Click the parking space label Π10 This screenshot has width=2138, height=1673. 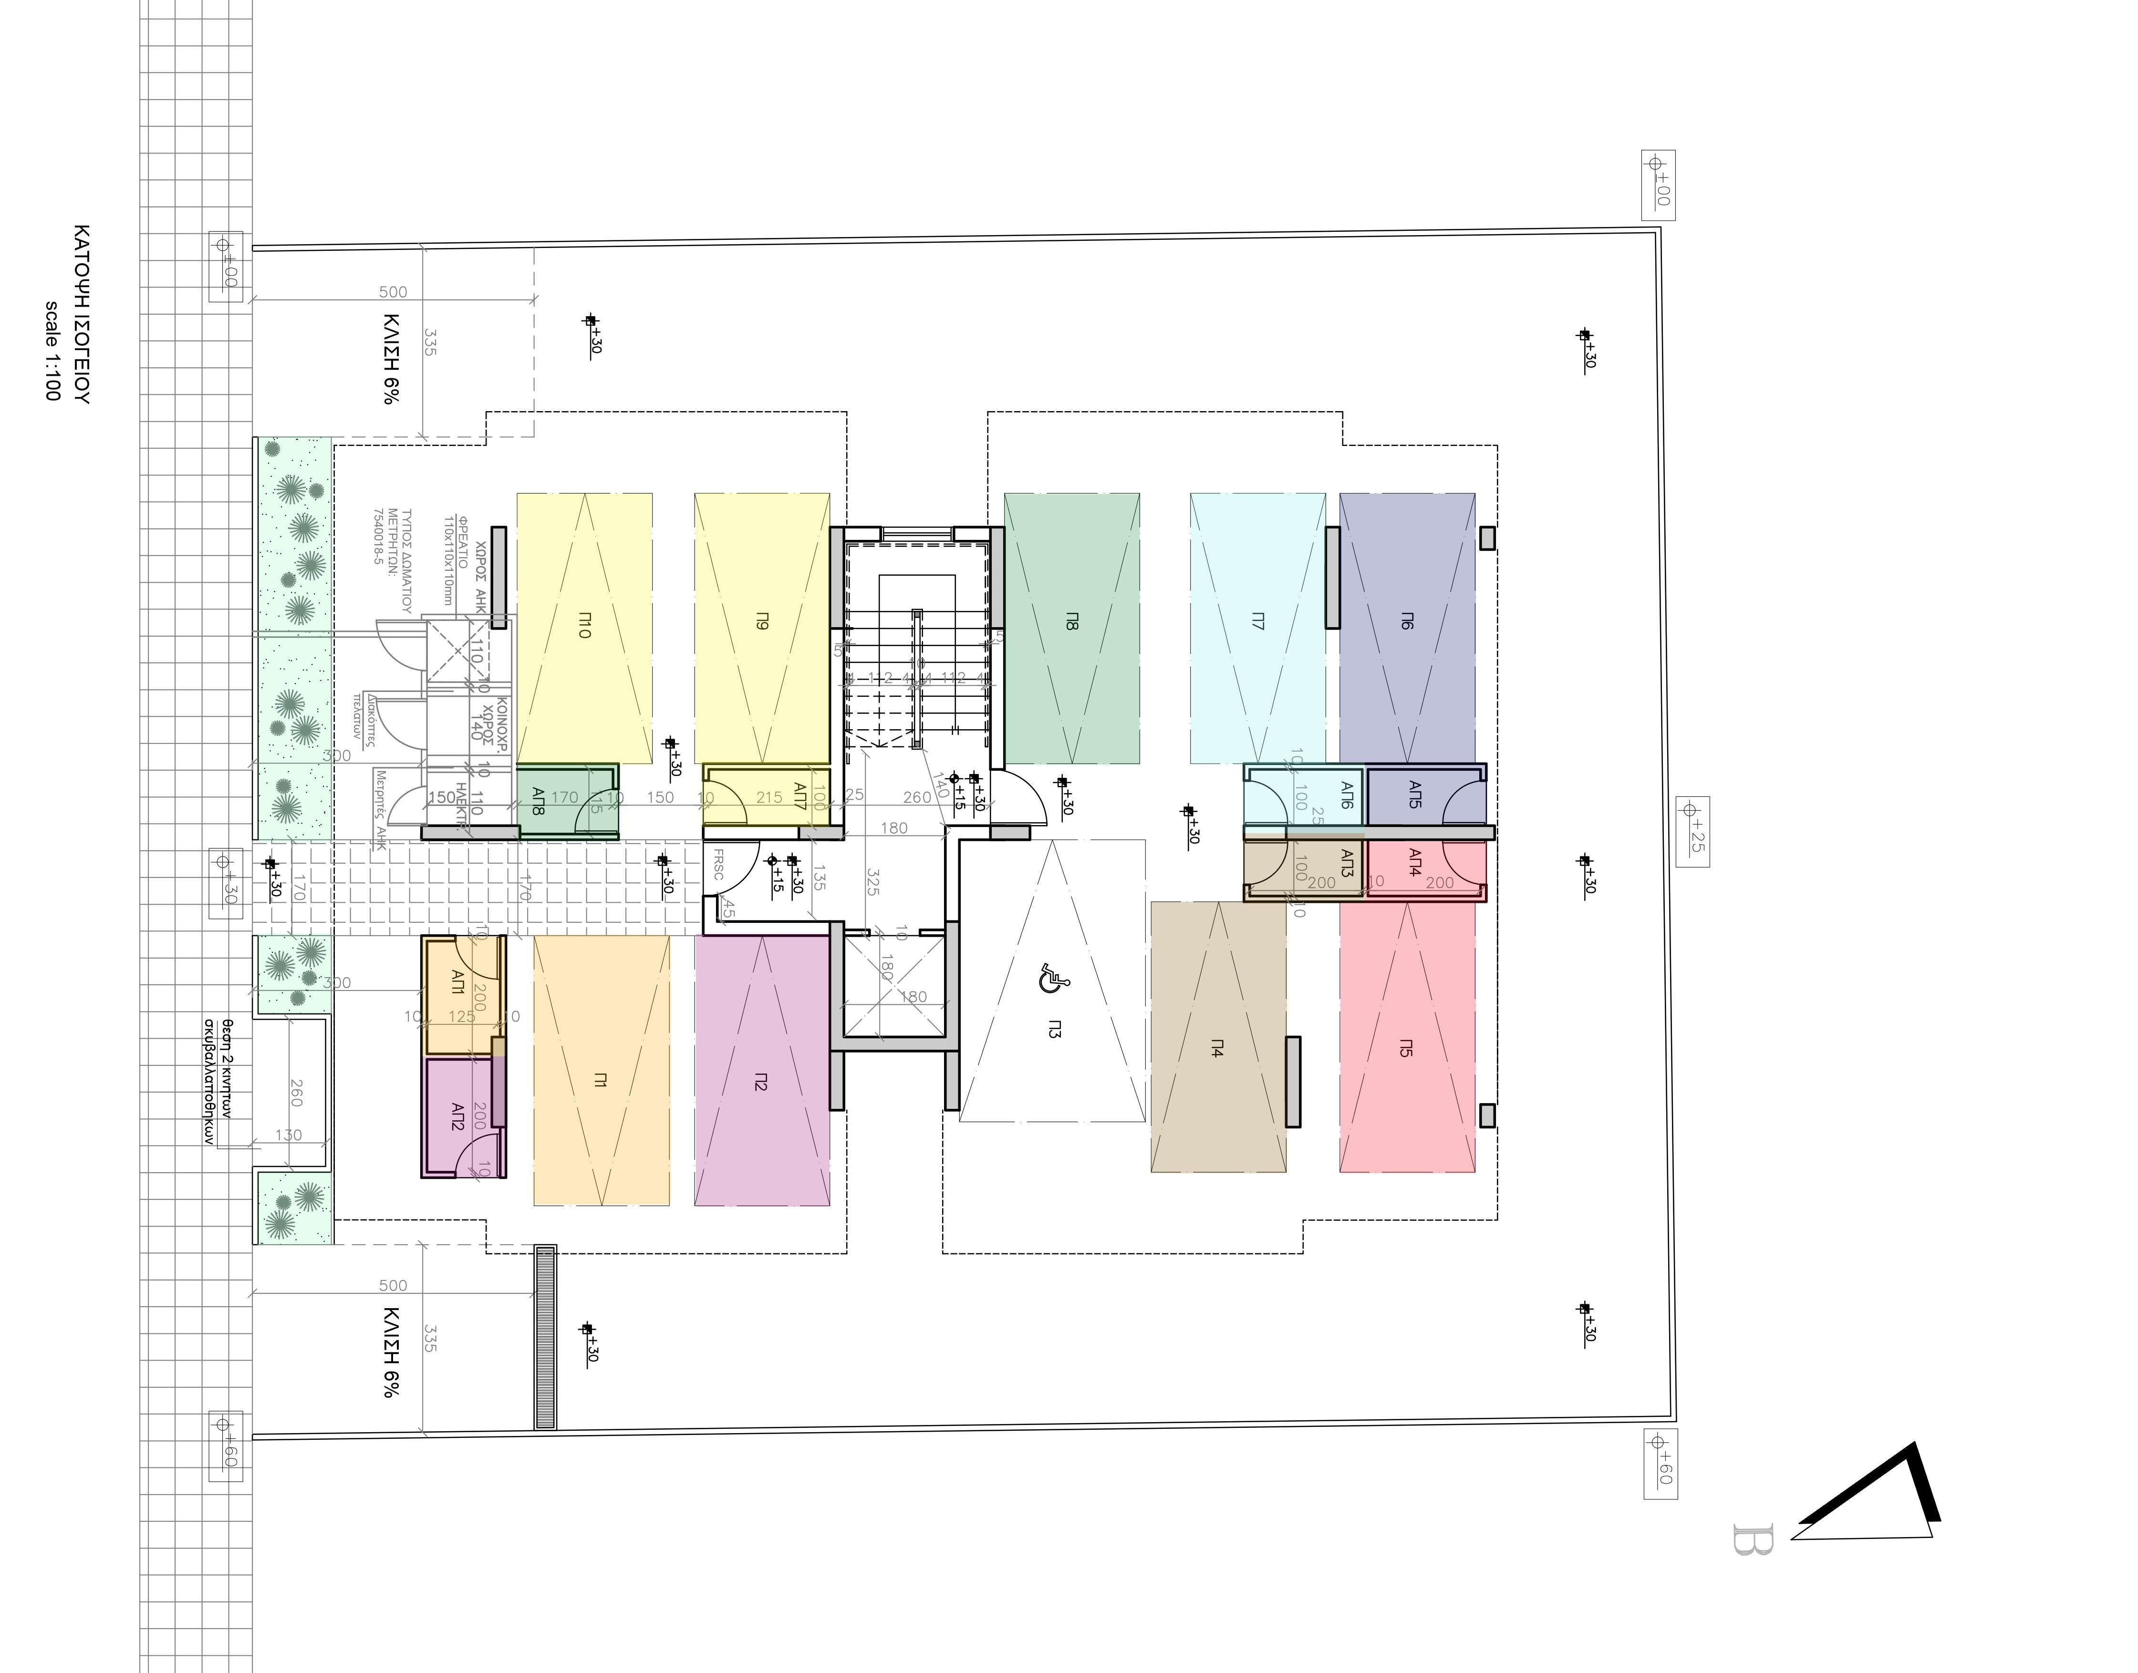tap(584, 627)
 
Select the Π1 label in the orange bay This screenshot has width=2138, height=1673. tap(601, 1080)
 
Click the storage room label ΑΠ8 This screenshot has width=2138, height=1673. tap(538, 803)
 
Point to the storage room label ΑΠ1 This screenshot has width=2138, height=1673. tap(457, 982)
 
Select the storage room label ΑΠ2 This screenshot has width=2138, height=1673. tap(457, 1116)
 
